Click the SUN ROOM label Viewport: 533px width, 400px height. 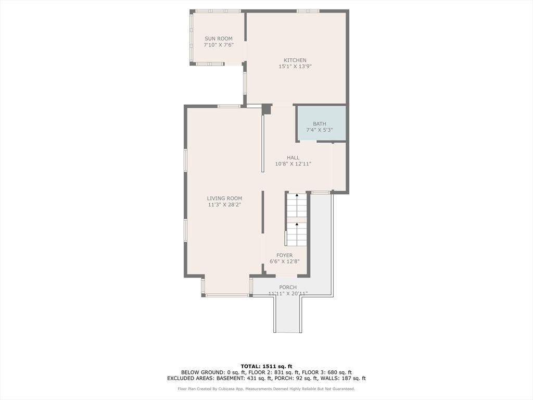tap(218, 39)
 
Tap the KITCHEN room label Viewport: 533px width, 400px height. tap(295, 60)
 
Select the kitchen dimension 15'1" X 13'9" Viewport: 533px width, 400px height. tap(295, 67)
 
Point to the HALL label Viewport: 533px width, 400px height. tap(293, 157)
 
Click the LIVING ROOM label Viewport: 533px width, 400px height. tap(224, 198)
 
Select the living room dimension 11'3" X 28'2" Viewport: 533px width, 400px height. tap(224, 205)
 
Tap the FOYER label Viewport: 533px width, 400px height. tap(284, 255)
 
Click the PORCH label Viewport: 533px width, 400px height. tap(288, 287)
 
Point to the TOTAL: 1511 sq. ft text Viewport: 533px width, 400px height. tap(266, 366)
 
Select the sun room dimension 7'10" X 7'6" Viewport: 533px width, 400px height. tap(218, 45)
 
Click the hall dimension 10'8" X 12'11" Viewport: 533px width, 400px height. tap(293, 164)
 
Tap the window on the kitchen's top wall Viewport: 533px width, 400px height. tap(308, 10)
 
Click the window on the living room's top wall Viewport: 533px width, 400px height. tap(229, 106)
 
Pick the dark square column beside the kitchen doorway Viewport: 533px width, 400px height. tap(266, 109)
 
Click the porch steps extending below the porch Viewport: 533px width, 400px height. tap(287, 315)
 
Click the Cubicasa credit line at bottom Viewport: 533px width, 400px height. tap(266, 389)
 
